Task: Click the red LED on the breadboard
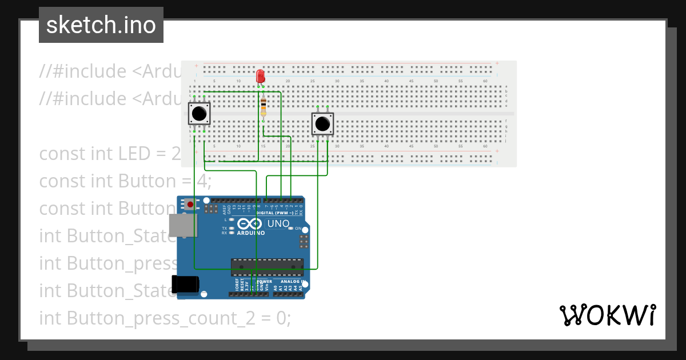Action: point(260,75)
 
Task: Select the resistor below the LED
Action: point(263,107)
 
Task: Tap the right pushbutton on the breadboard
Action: point(322,123)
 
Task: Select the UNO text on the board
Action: point(279,223)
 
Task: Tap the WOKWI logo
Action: point(607,315)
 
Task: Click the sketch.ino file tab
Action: point(101,25)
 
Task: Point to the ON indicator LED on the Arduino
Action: point(291,228)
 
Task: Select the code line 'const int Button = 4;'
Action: point(125,181)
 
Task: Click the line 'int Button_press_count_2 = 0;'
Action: point(165,318)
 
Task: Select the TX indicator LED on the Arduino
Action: point(232,228)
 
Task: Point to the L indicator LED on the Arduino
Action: point(232,219)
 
